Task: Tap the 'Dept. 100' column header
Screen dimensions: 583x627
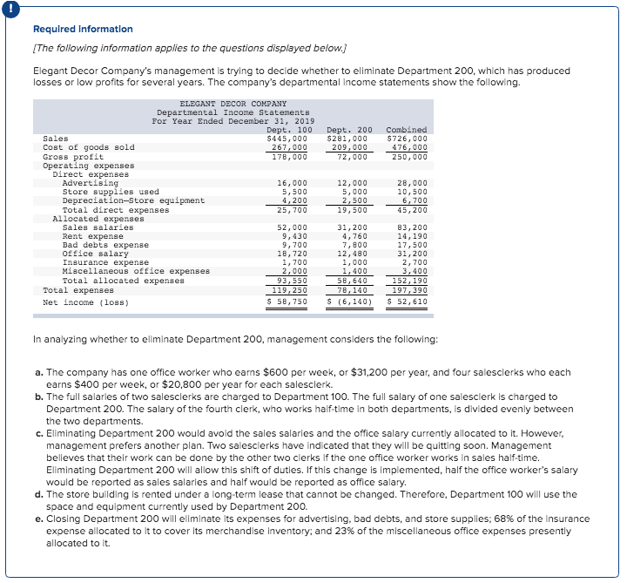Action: tap(289, 130)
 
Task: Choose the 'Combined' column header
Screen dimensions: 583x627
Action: tap(407, 130)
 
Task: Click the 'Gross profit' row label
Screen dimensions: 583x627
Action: tap(74, 157)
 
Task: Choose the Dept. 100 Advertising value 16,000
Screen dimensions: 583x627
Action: tap(292, 183)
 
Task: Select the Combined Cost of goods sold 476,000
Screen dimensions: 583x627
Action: tap(409, 147)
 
